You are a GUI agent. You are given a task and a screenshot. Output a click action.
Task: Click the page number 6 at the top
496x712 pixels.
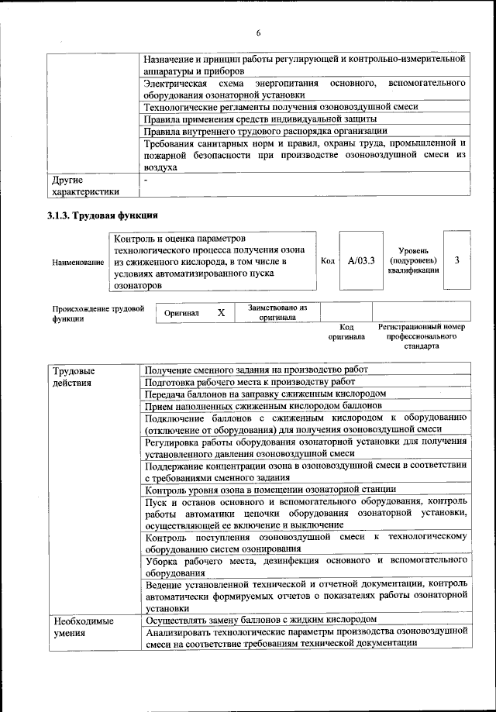[258, 33]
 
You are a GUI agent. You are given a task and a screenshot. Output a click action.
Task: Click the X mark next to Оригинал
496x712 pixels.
[221, 313]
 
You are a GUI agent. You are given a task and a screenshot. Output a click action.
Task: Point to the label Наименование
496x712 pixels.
[78, 263]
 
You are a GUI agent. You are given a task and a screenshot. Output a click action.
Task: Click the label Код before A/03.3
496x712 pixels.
[327, 260]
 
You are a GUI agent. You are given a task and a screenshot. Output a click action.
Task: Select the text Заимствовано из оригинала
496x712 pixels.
[277, 313]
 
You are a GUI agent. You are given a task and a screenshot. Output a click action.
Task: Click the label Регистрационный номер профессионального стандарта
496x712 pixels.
[422, 337]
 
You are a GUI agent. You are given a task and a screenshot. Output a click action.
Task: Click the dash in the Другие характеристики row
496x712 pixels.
[146, 181]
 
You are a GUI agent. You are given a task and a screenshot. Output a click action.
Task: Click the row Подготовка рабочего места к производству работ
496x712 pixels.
[250, 381]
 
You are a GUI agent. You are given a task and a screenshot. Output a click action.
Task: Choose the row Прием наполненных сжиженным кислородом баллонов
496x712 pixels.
[263, 405]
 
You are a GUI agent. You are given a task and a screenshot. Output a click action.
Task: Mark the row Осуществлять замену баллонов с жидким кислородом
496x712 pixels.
[261, 621]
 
